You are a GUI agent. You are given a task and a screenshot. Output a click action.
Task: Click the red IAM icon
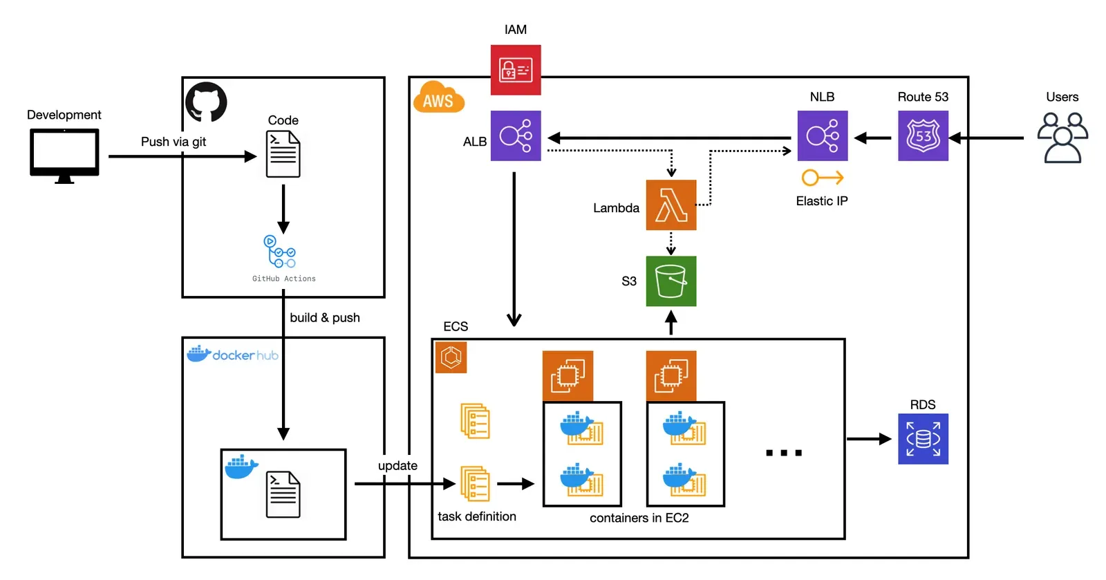[x=516, y=70]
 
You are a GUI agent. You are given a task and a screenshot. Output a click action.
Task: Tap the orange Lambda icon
[x=671, y=205]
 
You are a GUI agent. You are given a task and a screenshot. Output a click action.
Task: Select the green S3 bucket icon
[x=671, y=281]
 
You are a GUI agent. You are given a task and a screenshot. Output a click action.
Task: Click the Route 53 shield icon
[x=923, y=135]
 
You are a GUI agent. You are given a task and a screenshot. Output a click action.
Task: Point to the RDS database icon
[x=923, y=439]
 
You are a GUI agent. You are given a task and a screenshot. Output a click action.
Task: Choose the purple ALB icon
[x=516, y=135]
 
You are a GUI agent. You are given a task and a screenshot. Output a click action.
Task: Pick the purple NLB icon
[x=823, y=135]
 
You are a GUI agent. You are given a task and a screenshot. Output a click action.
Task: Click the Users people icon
[x=1062, y=138]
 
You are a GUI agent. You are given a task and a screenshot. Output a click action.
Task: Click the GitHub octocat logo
[x=206, y=102]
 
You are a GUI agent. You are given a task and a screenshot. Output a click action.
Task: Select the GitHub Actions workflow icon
[x=279, y=251]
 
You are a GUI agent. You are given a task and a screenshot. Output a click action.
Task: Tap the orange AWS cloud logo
[x=438, y=97]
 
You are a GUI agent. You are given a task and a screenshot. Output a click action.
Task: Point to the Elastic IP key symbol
[x=823, y=178]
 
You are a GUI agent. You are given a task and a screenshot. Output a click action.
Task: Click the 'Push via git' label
[x=174, y=142]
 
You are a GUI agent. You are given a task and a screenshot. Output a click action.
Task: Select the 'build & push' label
[x=325, y=317]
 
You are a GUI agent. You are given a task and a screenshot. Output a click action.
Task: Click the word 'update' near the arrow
[x=397, y=465]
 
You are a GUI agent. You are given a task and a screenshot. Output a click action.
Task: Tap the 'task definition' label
[x=476, y=516]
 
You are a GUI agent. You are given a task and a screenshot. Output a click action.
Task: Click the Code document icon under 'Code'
[x=283, y=154]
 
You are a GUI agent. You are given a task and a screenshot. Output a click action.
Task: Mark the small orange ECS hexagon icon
[x=451, y=357]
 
